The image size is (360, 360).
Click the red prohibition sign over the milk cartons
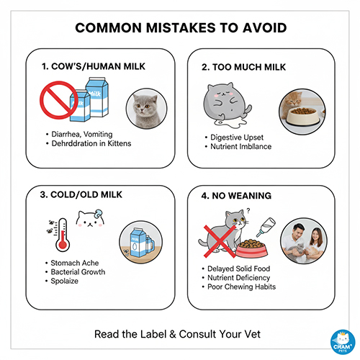(59, 100)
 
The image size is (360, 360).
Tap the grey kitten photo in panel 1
(147, 109)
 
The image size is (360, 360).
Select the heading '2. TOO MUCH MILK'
(243, 67)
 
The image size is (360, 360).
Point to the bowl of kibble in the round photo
(303, 115)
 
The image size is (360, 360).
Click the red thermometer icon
(63, 235)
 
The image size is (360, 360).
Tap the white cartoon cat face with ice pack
(90, 218)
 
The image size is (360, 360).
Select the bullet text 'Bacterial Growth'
(78, 272)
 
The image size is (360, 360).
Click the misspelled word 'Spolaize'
(65, 281)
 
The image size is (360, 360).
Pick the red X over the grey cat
(220, 241)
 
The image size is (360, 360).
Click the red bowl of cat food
(252, 248)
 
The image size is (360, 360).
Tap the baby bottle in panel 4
(266, 227)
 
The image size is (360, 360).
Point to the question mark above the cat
(248, 211)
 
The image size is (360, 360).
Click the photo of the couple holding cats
(304, 240)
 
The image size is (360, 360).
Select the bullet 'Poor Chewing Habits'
(241, 287)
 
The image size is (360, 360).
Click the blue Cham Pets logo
(343, 342)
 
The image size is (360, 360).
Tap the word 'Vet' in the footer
(253, 334)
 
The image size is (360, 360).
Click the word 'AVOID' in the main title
(264, 28)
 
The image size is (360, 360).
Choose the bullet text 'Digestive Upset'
(237, 138)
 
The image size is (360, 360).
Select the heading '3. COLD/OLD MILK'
(81, 194)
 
